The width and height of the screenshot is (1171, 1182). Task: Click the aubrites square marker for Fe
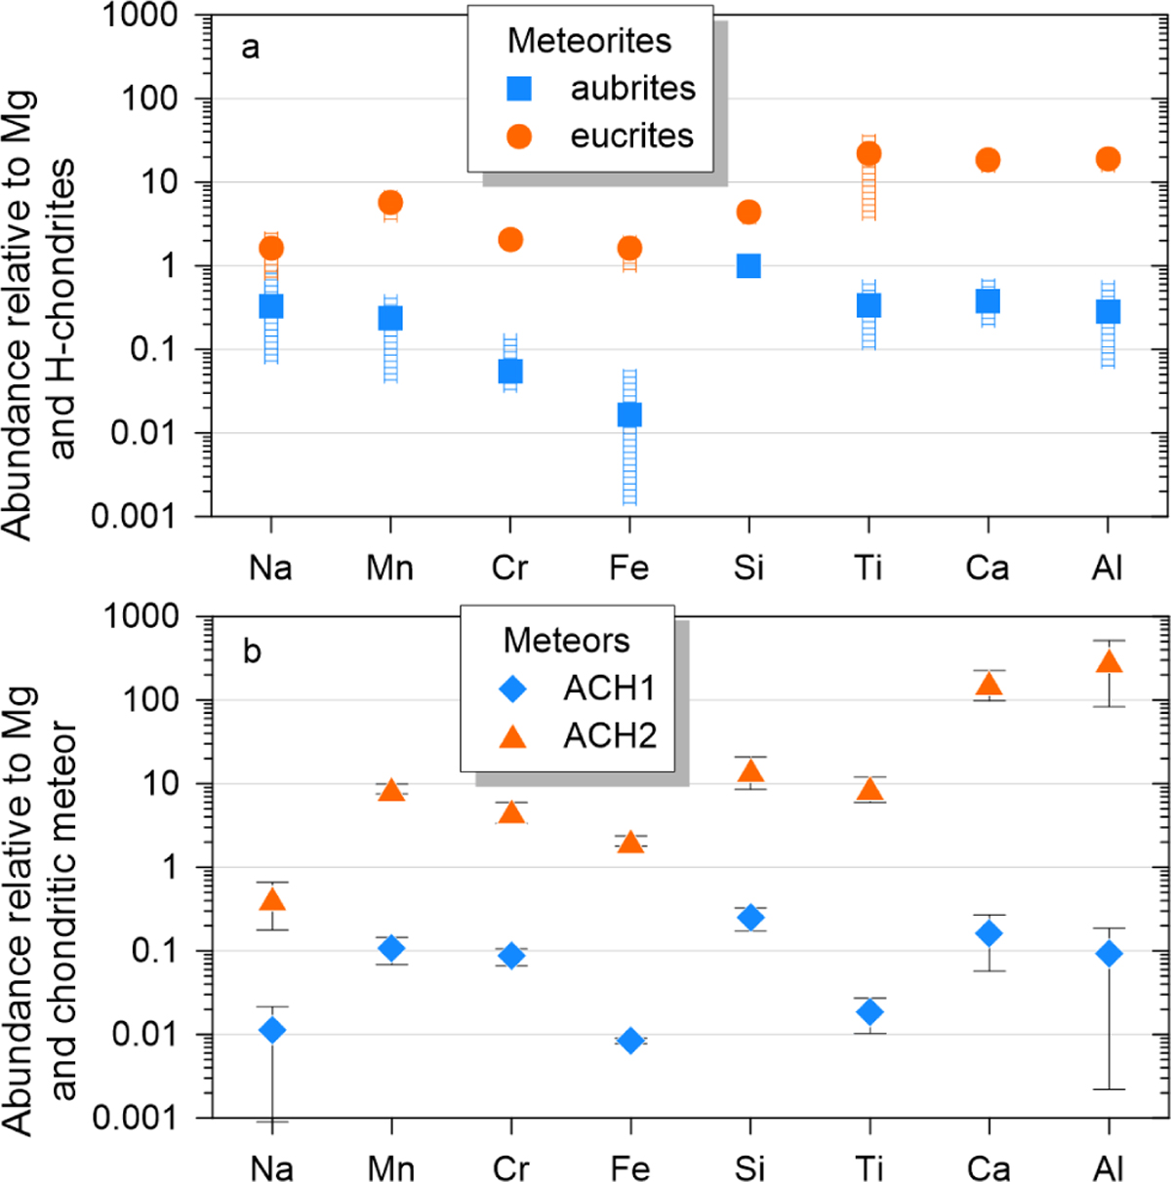(x=629, y=415)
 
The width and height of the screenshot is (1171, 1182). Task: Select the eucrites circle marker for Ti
(x=868, y=154)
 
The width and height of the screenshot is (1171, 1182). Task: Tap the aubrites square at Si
(x=748, y=266)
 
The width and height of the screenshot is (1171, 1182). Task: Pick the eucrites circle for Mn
(x=390, y=203)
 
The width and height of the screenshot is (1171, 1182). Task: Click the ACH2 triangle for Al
(x=1109, y=662)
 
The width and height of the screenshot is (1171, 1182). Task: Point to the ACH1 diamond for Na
(x=272, y=1030)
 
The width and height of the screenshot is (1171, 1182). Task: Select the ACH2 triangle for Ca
(x=989, y=684)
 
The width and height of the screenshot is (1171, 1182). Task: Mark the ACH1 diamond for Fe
(x=630, y=1041)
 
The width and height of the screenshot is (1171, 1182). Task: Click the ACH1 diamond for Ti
(x=869, y=1012)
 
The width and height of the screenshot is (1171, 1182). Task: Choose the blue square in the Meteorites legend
(x=519, y=89)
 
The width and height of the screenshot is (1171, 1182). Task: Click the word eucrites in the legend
(x=632, y=136)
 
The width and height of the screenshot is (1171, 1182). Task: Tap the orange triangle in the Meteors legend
(x=513, y=737)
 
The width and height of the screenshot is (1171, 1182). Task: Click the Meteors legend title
(x=566, y=641)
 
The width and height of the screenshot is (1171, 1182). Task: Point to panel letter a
(x=251, y=47)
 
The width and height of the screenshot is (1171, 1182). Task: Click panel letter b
(x=252, y=650)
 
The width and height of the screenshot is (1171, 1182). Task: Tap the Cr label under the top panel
(x=509, y=568)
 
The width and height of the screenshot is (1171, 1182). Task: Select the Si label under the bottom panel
(x=749, y=1167)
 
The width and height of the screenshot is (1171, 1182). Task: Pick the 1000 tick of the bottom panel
(x=142, y=616)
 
